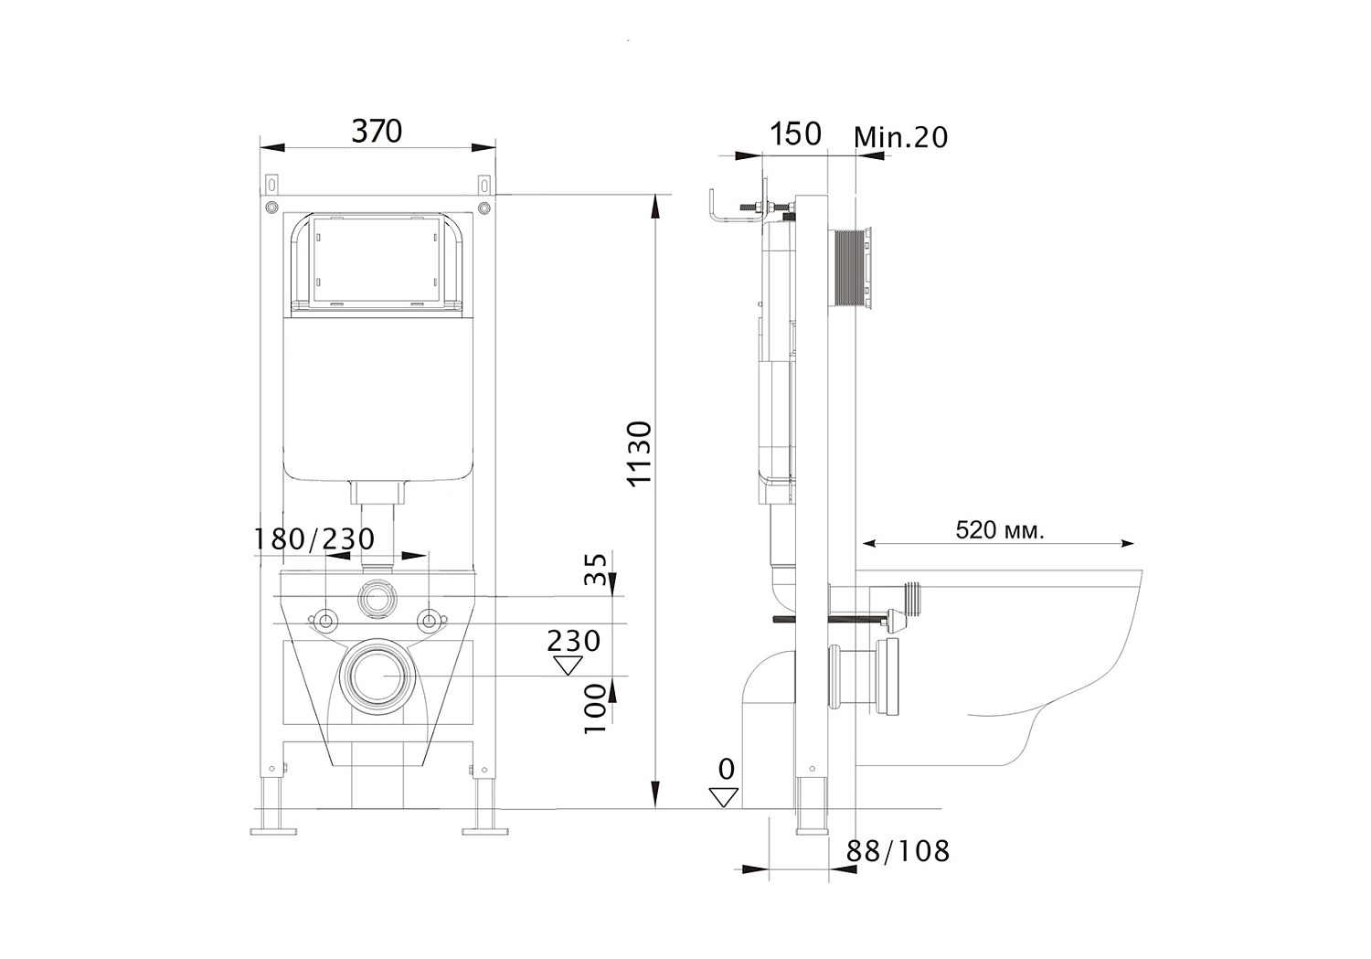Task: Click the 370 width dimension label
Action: [x=377, y=131]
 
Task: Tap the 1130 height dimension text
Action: [x=641, y=453]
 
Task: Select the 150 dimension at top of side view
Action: [x=795, y=134]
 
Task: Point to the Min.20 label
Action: [x=900, y=137]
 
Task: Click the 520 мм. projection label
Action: [x=1000, y=530]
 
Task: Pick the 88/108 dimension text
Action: [x=898, y=851]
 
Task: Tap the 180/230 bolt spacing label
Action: [x=314, y=539]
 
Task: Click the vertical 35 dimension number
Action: [x=595, y=570]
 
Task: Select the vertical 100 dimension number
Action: [x=595, y=709]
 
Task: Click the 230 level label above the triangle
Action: [x=573, y=641]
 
